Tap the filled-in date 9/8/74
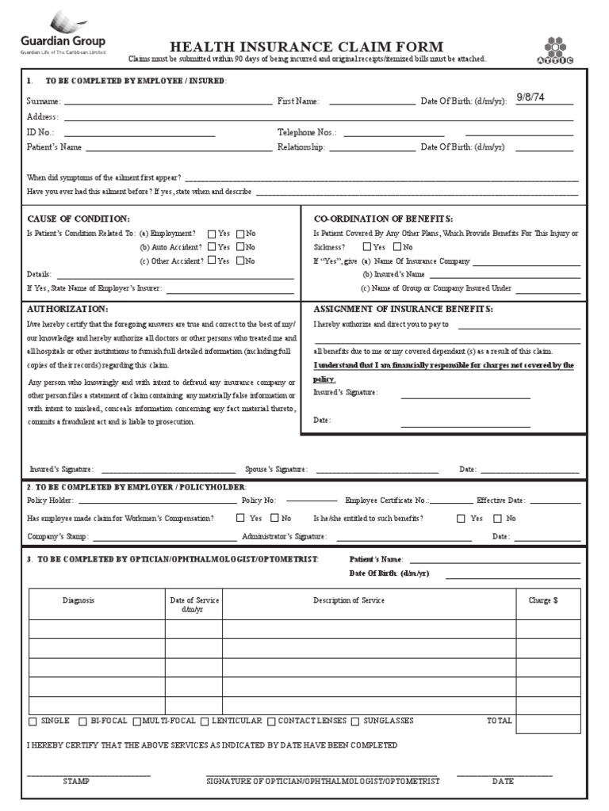coord(532,97)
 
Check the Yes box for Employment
coord(212,234)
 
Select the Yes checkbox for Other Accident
coord(212,261)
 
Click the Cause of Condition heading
coord(79,218)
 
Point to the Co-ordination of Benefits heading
coord(383,218)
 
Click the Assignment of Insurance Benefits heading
coord(403,308)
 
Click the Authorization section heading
coord(67,308)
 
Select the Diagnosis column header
coord(79,600)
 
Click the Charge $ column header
coord(543,600)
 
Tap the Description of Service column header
coord(348,600)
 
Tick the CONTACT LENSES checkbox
coord(271,722)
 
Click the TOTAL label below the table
coord(500,721)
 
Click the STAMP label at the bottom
coord(76,781)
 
